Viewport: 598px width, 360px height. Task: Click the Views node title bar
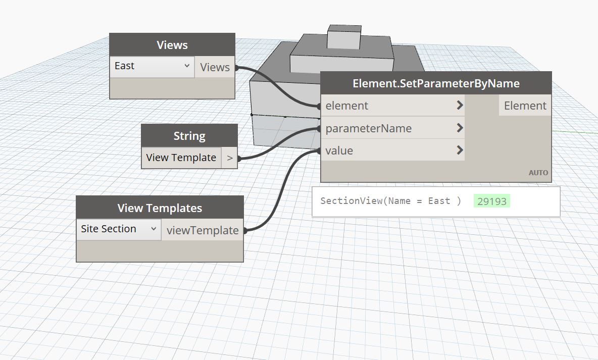click(172, 45)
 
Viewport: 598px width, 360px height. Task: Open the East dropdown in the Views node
click(152, 66)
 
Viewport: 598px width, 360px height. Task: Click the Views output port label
click(215, 67)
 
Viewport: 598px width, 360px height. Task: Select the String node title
click(189, 136)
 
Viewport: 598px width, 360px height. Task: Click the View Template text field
click(181, 158)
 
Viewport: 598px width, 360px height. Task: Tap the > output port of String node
click(230, 158)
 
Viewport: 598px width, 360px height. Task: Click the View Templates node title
click(160, 208)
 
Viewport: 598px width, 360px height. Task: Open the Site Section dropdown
click(119, 229)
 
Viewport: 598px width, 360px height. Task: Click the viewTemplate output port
click(203, 230)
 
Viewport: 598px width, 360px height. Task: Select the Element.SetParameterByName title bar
click(436, 83)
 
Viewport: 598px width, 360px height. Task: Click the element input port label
click(347, 106)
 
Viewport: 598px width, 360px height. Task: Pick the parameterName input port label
click(368, 128)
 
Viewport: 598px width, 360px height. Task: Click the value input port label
click(339, 150)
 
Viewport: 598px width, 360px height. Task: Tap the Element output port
click(525, 106)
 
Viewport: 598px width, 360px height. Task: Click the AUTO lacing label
click(538, 173)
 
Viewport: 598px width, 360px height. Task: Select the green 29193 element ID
click(492, 201)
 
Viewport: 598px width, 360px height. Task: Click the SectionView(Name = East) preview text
click(390, 201)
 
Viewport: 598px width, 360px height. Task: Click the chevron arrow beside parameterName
click(460, 128)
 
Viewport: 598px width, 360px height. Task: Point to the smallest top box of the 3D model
click(344, 36)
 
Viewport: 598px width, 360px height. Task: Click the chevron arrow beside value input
click(460, 150)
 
